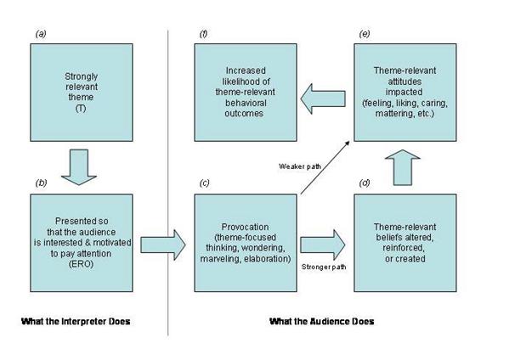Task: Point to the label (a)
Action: [40, 33]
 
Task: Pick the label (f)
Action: [204, 33]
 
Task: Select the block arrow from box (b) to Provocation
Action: [161, 245]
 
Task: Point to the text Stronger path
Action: [323, 267]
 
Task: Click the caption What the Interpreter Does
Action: [75, 322]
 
